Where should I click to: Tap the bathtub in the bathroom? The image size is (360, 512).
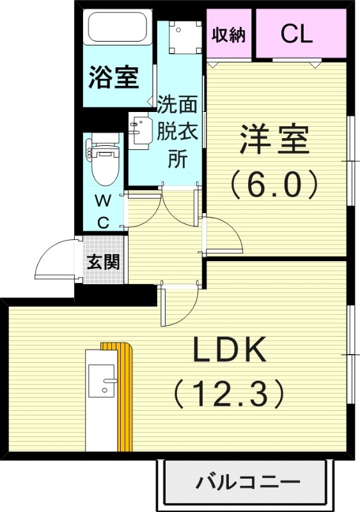coord(118,28)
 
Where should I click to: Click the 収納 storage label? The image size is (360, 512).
coord(229,35)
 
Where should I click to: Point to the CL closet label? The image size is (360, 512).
coord(297,35)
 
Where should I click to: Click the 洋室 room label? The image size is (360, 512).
coord(274,140)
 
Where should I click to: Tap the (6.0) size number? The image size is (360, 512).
coord(274,185)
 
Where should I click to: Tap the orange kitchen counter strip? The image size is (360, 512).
coord(125,397)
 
